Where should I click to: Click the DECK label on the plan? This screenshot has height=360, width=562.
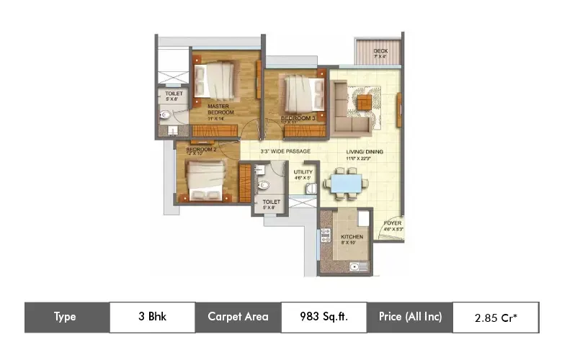point(381,51)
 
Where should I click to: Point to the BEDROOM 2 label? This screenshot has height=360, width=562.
point(202,150)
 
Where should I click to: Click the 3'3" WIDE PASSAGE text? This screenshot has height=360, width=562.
point(285,151)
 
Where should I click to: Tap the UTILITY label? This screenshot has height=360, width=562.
point(302,173)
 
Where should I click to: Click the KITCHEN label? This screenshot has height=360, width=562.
point(352,237)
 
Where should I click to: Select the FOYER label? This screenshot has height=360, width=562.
point(392,222)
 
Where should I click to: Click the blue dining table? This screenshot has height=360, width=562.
point(344,183)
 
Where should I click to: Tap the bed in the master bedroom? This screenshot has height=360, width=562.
point(215,78)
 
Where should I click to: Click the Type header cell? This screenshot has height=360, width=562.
point(66,317)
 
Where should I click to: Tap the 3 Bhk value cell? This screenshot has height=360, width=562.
point(152,317)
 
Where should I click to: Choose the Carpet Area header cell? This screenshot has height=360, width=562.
point(238,317)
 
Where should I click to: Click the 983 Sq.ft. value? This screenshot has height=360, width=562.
point(324,317)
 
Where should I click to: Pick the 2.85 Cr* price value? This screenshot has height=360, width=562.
point(495,318)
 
